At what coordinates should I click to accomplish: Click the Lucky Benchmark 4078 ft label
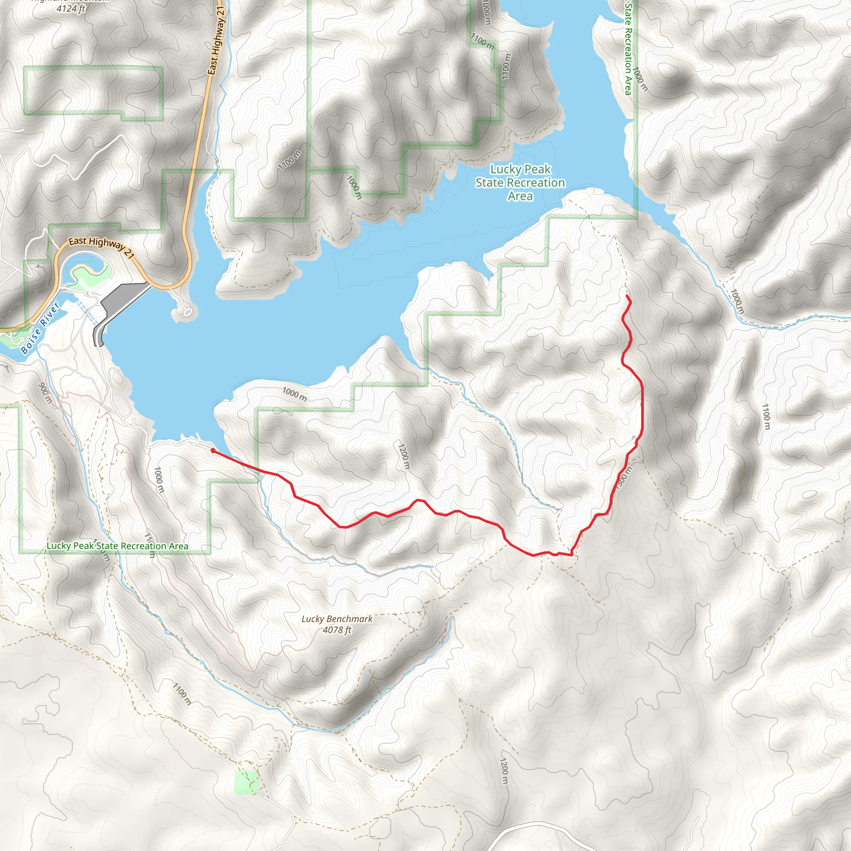pyautogui.click(x=337, y=624)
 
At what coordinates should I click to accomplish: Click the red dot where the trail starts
pyautogui.click(x=213, y=450)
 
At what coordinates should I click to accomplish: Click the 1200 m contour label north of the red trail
pyautogui.click(x=404, y=457)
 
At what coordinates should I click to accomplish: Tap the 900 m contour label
pyautogui.click(x=45, y=394)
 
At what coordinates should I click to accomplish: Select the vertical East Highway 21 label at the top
pyautogui.click(x=217, y=41)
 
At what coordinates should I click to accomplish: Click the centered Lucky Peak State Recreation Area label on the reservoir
pyautogui.click(x=520, y=182)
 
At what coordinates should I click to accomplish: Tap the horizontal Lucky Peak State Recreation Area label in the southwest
pyautogui.click(x=117, y=546)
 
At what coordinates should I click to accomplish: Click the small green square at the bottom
pyautogui.click(x=246, y=782)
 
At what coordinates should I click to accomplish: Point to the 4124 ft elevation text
pyautogui.click(x=71, y=8)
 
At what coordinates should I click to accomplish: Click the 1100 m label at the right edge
pyautogui.click(x=766, y=416)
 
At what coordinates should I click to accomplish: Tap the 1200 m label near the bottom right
pyautogui.click(x=504, y=771)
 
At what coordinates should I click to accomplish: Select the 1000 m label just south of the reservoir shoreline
pyautogui.click(x=294, y=394)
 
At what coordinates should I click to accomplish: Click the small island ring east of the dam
pyautogui.click(x=187, y=312)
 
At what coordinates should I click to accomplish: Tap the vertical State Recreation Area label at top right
pyautogui.click(x=628, y=49)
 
